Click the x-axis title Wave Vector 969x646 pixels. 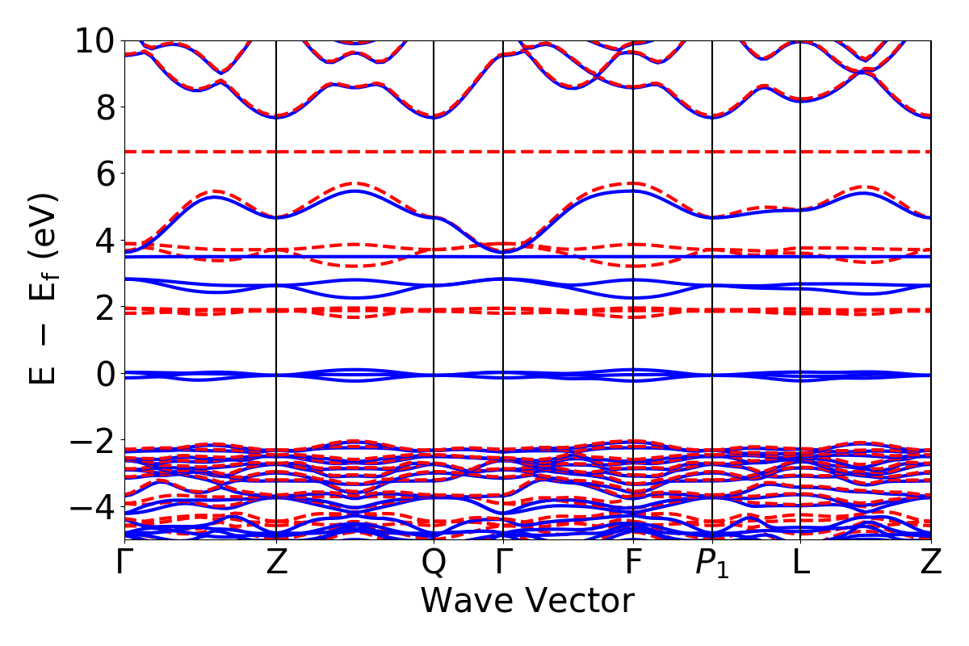pyautogui.click(x=527, y=601)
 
